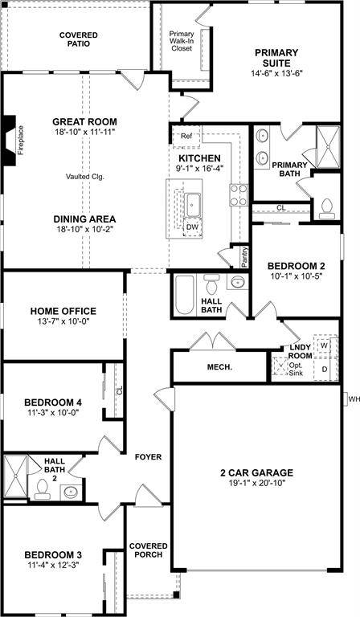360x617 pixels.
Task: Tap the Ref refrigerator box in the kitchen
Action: pos(187,136)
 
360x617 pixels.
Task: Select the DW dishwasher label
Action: pos(191,227)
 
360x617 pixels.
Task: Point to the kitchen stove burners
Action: pos(239,195)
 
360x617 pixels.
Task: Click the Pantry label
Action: pos(245,257)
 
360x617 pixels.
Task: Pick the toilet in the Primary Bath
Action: pos(327,209)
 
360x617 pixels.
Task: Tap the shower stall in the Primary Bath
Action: pos(328,147)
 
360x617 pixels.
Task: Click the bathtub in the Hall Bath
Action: pos(185,295)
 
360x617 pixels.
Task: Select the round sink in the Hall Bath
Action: pos(237,282)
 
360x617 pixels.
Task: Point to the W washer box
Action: pos(325,345)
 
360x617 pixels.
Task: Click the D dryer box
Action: pos(325,369)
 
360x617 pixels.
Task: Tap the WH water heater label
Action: pos(354,399)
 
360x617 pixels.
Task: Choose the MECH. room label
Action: pos(219,367)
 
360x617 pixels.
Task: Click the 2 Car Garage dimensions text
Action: pos(256,483)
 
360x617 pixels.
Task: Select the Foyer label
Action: pos(148,457)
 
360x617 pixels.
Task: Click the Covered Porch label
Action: pos(149,550)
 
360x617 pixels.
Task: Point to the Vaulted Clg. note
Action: pos(84,177)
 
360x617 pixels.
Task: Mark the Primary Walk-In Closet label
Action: pos(182,41)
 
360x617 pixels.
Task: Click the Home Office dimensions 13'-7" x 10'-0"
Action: pos(63,321)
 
